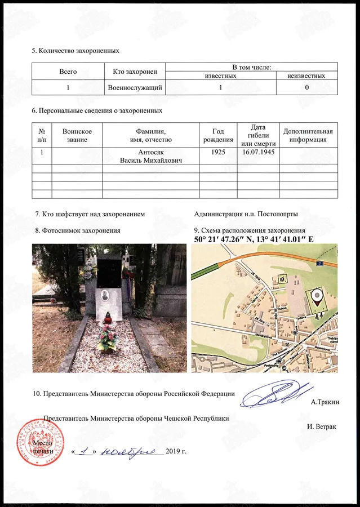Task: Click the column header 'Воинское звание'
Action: (77, 135)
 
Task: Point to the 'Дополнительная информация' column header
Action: (308, 135)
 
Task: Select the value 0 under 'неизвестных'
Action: (306, 87)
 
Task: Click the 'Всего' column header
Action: (68, 72)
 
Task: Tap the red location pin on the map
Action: (318, 297)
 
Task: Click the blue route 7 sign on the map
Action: (319, 263)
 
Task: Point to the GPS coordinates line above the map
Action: (254, 239)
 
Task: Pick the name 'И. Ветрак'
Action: (322, 426)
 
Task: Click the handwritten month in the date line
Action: (132, 452)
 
